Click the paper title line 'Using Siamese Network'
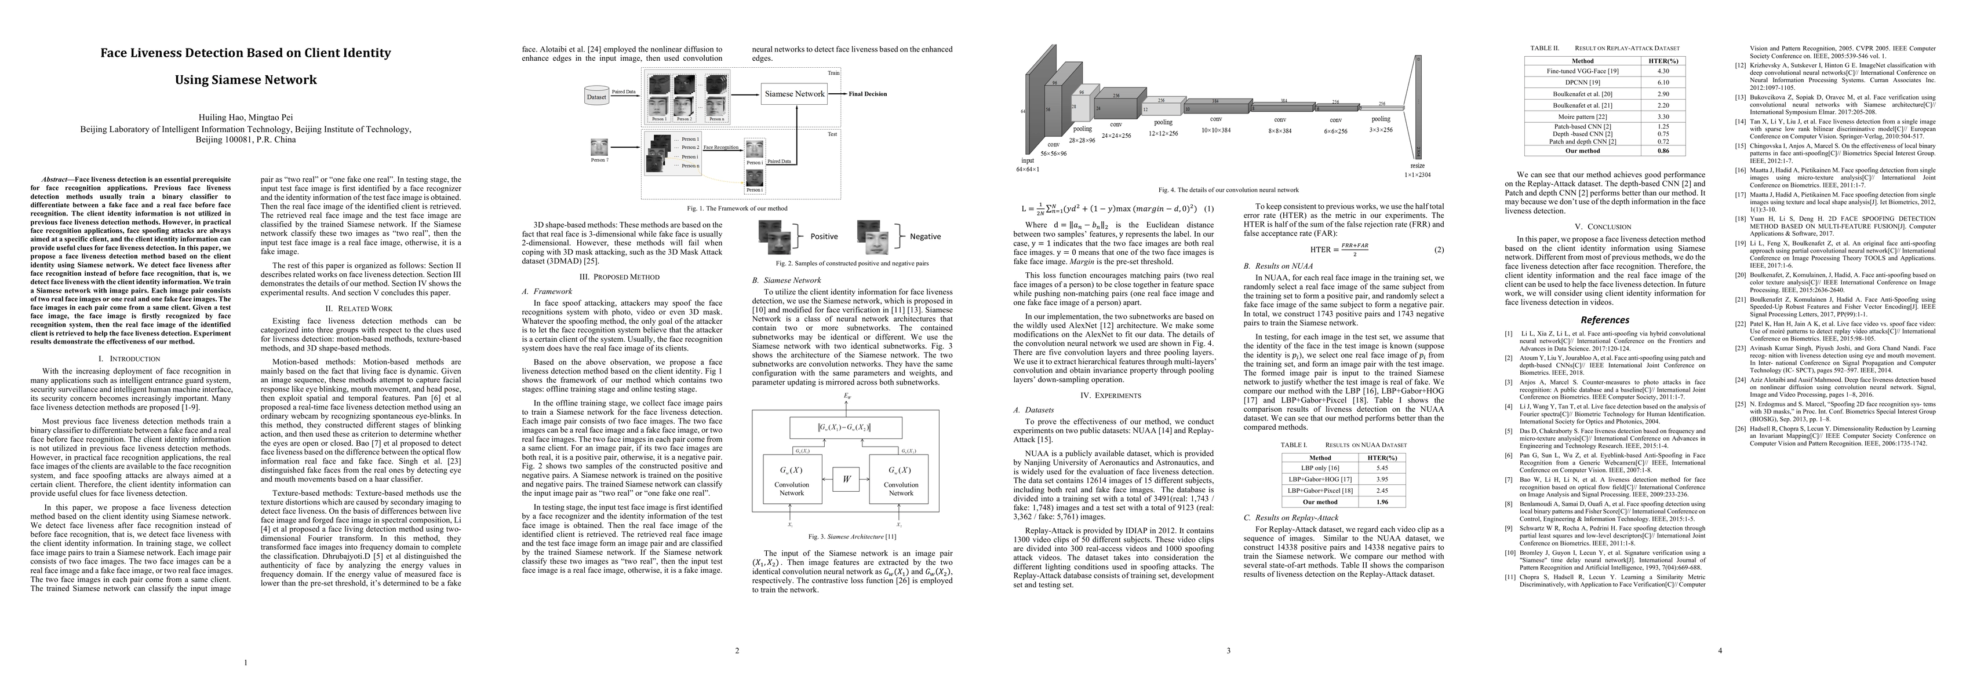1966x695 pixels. (246, 79)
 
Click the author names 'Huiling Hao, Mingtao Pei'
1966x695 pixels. (246, 118)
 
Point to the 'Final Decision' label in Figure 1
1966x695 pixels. (868, 94)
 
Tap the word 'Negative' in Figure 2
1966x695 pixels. (925, 236)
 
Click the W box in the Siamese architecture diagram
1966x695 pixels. (846, 479)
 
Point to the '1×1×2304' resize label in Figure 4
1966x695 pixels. (1417, 175)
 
